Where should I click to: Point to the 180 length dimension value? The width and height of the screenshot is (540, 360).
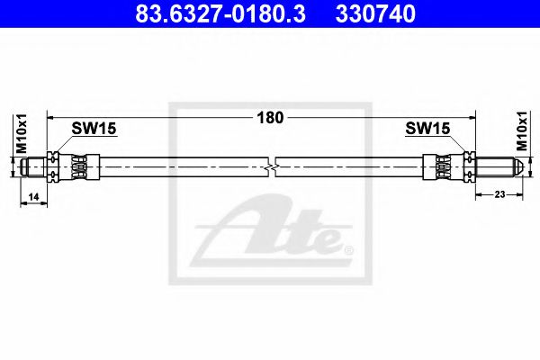(271, 117)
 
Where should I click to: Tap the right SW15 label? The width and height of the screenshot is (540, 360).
(427, 130)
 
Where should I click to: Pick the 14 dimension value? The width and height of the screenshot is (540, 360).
(32, 195)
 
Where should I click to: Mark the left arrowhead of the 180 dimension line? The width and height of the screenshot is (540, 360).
(51, 117)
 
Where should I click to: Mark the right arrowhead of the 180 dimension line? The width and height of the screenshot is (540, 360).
(477, 117)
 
